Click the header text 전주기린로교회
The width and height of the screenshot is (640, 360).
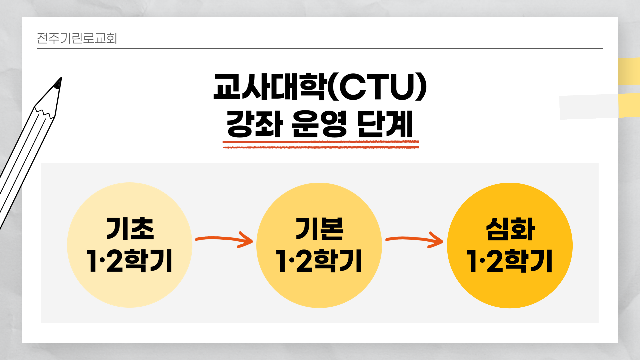pos(77,38)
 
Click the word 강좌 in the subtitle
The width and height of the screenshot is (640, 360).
pos(255,124)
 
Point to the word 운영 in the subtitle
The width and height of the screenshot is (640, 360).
pos(319,124)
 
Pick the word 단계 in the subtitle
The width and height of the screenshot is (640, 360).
pos(385,124)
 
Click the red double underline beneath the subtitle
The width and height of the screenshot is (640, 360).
pos(320,144)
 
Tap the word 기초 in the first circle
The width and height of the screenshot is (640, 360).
pos(130,229)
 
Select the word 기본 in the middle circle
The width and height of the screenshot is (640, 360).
pos(319,229)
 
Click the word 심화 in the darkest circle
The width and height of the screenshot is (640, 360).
pos(510,229)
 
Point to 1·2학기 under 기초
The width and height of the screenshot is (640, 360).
pos(129,261)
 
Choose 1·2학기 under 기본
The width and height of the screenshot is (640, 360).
pos(319,261)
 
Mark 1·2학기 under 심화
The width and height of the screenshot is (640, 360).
pos(510,261)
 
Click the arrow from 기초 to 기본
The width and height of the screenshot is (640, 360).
pos(224,239)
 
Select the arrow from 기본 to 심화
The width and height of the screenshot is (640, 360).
pos(414,239)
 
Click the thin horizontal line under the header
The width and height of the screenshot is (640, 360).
pos(320,49)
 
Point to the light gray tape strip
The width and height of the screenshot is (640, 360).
pos(588,107)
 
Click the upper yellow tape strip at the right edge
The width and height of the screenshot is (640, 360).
pos(629,71)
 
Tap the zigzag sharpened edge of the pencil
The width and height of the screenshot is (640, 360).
pos(44,112)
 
